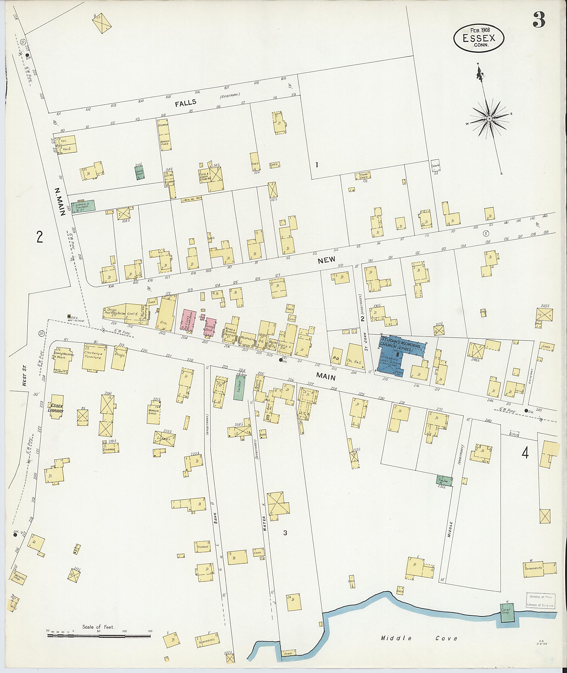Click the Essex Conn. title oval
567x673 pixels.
(479, 38)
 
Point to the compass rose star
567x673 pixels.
(489, 119)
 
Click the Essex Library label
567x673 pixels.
(56, 409)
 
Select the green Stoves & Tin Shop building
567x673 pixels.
(83, 205)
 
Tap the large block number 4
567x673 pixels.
(525, 453)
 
